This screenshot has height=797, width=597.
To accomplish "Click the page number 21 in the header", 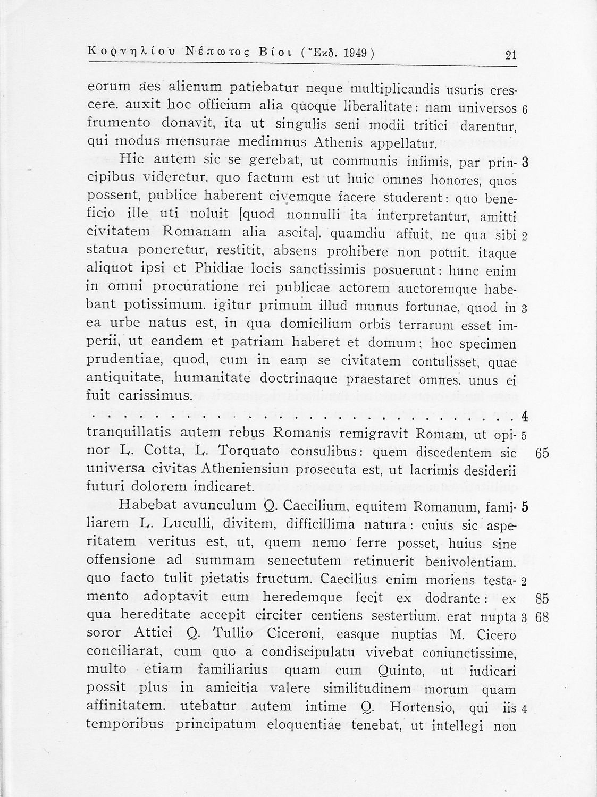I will pyautogui.click(x=511, y=55).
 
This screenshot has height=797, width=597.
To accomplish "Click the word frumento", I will pyautogui.click(x=116, y=124).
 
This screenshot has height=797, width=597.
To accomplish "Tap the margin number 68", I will pyautogui.click(x=542, y=617).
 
